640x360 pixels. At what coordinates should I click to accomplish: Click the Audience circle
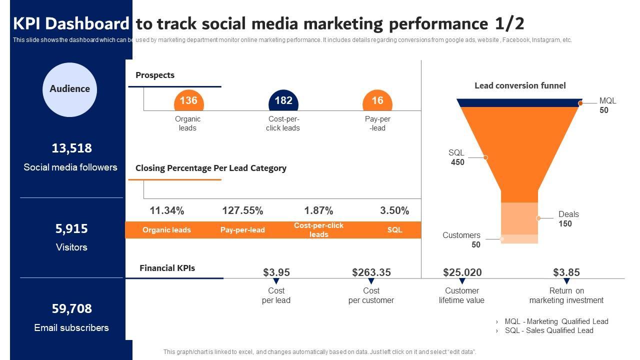pyautogui.click(x=69, y=89)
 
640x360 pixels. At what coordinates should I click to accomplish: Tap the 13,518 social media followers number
pyautogui.click(x=71, y=148)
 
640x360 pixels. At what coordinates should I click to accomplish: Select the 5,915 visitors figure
pyautogui.click(x=71, y=228)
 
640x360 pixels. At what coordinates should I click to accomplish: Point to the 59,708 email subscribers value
pyautogui.click(x=71, y=308)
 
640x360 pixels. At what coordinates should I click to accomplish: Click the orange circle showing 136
pyautogui.click(x=188, y=101)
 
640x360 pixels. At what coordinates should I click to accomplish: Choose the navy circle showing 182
pyautogui.click(x=283, y=101)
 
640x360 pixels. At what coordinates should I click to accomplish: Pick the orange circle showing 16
pyautogui.click(x=377, y=101)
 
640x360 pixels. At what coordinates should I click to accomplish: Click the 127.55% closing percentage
pyautogui.click(x=242, y=210)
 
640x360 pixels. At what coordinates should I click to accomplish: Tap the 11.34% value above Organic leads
pyautogui.click(x=167, y=210)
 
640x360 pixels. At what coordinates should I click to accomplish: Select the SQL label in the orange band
pyautogui.click(x=394, y=230)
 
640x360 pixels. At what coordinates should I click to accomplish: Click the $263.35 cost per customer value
pyautogui.click(x=371, y=272)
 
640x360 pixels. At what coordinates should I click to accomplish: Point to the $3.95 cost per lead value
pyautogui.click(x=276, y=272)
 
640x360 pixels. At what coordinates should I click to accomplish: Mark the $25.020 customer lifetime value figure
pyautogui.click(x=462, y=272)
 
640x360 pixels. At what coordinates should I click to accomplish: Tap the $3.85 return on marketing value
pyautogui.click(x=566, y=272)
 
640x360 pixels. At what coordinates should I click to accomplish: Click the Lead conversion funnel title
pyautogui.click(x=520, y=85)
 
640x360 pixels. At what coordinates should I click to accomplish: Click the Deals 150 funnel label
pyautogui.click(x=568, y=219)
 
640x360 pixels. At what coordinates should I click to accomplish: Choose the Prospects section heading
pyautogui.click(x=155, y=75)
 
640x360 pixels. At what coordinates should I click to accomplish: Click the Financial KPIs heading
pyautogui.click(x=167, y=268)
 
